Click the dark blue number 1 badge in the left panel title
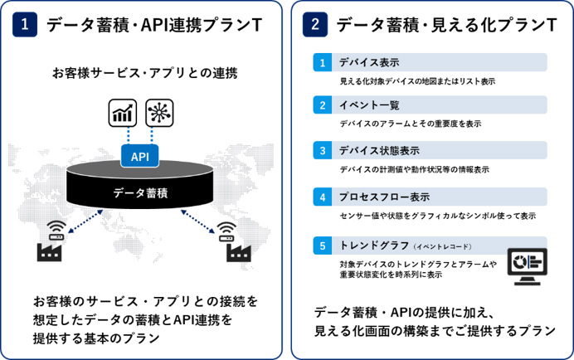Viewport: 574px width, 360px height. point(25,25)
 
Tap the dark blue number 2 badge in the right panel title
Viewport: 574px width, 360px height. point(315,25)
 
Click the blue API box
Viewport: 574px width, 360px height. point(140,156)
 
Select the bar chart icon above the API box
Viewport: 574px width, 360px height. point(123,113)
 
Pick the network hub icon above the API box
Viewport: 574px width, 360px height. point(159,113)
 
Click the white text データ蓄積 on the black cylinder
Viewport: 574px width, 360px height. point(140,192)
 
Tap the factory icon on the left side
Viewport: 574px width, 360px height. point(50,252)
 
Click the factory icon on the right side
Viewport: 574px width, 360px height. point(239,252)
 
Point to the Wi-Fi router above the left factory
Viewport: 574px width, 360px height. point(56,231)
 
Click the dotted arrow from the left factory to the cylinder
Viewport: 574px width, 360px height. point(85,221)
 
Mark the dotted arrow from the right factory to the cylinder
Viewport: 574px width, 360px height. point(197,221)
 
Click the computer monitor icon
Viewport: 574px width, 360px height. point(528,266)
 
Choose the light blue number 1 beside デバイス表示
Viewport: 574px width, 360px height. point(323,62)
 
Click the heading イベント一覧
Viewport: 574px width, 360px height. point(369,105)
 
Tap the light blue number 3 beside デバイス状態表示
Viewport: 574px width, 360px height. point(323,150)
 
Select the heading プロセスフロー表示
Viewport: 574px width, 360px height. point(384,197)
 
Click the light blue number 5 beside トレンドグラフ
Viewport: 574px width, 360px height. point(323,246)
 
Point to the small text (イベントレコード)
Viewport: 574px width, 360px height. point(443,247)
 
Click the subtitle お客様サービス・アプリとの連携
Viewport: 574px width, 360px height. point(145,73)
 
